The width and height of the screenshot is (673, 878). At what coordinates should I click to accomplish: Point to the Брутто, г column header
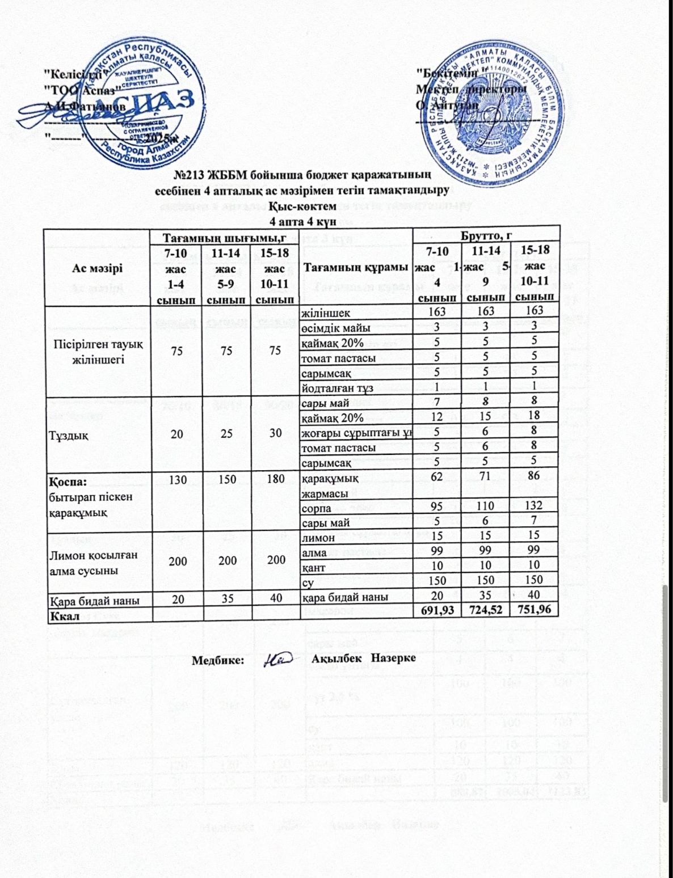(x=487, y=233)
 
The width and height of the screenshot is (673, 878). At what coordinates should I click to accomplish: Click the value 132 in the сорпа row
(x=535, y=506)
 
